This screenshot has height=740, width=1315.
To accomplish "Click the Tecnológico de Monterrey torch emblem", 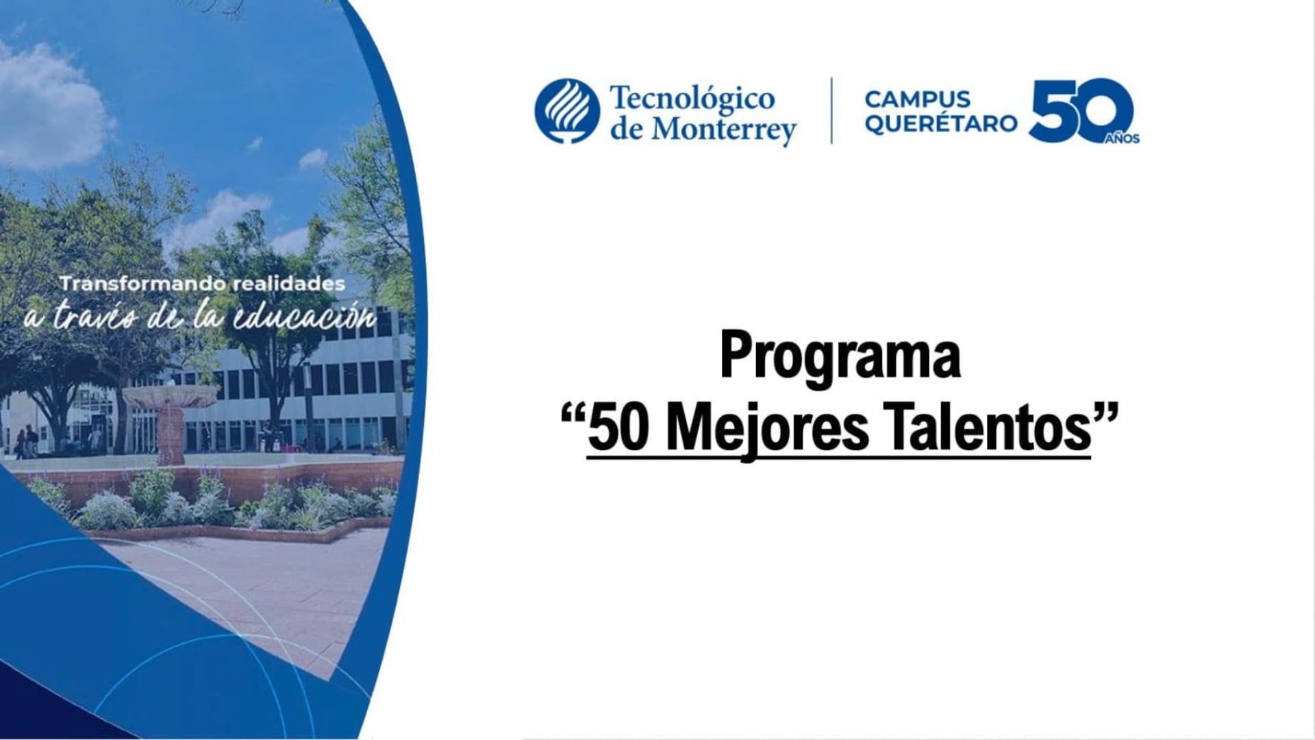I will point(567,111).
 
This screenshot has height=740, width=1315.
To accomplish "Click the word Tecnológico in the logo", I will point(692,98).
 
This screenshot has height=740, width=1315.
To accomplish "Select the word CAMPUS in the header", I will point(917,99).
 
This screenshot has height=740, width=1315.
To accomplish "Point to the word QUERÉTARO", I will point(940,124).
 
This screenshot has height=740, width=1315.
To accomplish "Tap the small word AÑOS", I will point(1123,139).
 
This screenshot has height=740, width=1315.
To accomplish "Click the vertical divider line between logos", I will point(831,110).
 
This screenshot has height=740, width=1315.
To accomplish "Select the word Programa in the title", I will point(840,356).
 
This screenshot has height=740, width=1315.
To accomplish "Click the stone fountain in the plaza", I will point(169,418).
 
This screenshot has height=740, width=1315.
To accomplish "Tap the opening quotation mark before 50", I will point(573,415).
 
